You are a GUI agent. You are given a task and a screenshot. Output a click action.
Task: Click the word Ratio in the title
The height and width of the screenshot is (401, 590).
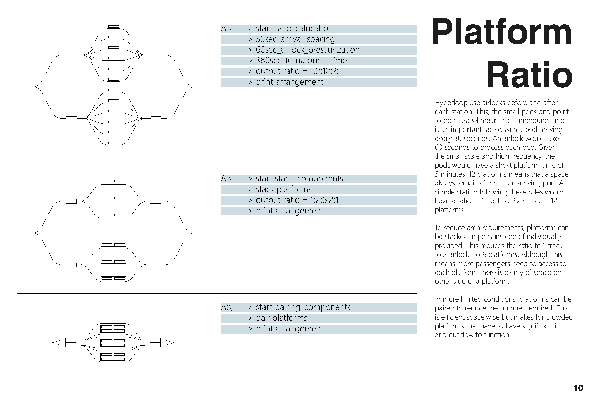[529, 75]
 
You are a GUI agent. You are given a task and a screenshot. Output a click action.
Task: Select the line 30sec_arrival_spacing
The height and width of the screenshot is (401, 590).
[295, 39]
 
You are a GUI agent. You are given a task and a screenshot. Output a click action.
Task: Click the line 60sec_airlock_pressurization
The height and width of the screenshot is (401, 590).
[307, 50]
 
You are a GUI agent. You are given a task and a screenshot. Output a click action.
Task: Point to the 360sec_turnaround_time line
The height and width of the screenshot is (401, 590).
[301, 61]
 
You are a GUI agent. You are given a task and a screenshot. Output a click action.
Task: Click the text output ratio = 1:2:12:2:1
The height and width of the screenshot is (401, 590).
[299, 71]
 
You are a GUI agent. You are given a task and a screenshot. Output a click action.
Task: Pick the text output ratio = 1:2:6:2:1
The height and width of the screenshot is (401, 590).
[297, 200]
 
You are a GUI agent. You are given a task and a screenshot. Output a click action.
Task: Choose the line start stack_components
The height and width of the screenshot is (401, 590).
[299, 179]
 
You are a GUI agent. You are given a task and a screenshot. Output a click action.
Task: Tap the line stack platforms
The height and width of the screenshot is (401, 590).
[284, 189]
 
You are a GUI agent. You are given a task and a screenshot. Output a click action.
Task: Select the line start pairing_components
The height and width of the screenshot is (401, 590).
[303, 307]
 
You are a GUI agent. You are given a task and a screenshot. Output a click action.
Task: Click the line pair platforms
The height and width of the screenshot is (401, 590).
[281, 318]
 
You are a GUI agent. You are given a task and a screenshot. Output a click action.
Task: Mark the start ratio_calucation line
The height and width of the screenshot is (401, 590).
[294, 28]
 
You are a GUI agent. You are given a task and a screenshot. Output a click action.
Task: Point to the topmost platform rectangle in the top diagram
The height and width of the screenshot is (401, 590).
[114, 27]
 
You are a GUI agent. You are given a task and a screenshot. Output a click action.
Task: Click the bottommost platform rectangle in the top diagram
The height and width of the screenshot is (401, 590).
[114, 143]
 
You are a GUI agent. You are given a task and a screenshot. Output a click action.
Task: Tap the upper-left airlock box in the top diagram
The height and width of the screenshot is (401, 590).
[71, 55]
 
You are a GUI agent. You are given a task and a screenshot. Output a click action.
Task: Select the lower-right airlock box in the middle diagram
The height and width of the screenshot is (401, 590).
[155, 265]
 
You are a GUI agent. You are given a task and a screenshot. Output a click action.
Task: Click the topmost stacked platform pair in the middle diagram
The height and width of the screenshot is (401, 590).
[113, 181]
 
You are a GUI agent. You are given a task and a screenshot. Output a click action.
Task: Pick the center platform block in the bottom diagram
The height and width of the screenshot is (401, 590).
[113, 343]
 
